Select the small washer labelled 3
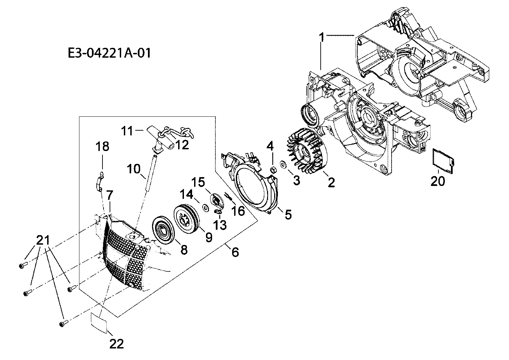(283, 165)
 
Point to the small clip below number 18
(98, 182)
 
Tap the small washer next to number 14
(205, 207)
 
